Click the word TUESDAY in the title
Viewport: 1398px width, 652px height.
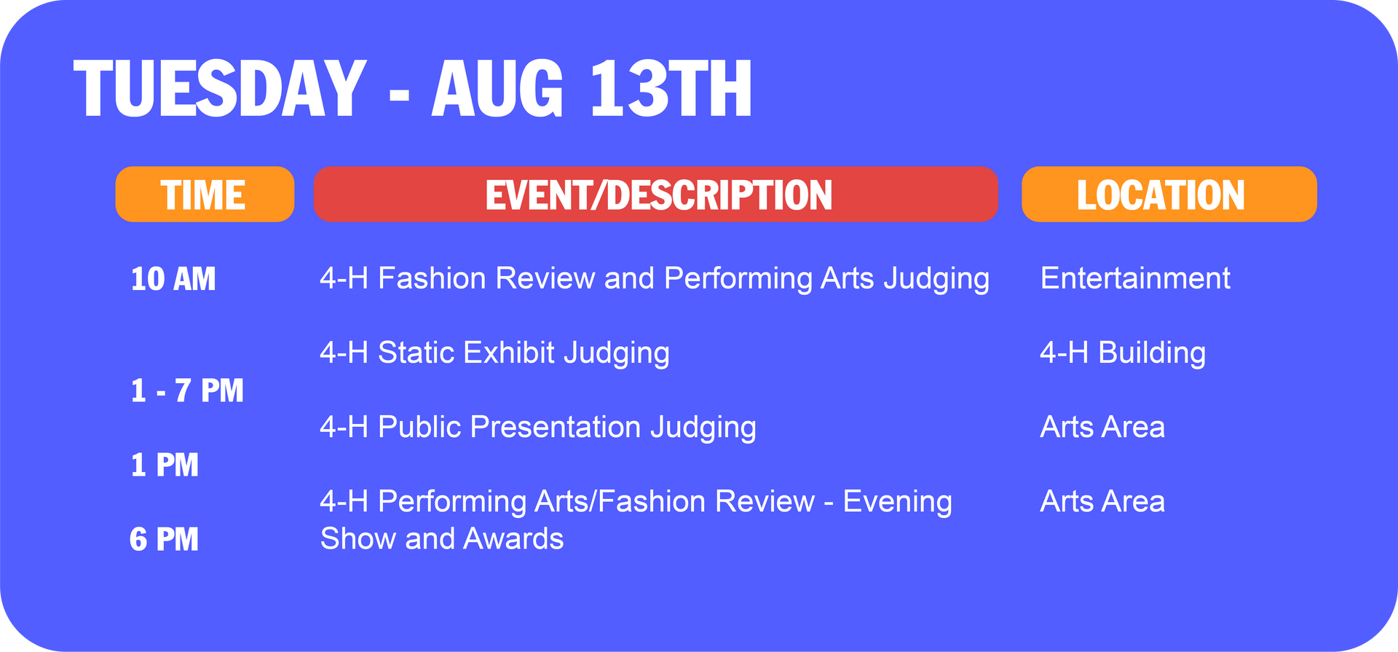(x=219, y=88)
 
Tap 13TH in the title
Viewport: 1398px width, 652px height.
(x=671, y=88)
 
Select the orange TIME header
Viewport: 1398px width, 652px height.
(x=205, y=195)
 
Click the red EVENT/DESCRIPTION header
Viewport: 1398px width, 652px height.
(x=656, y=195)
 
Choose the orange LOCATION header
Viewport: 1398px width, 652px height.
(x=1169, y=195)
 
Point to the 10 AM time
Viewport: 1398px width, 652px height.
(x=173, y=279)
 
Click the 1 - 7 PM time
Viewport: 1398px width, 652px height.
(x=187, y=390)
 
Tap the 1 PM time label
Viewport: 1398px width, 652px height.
(x=165, y=465)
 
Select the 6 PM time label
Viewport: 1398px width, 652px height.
(x=164, y=539)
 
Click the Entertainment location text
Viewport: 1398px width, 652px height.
(x=1134, y=278)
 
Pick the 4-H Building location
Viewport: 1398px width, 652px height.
(x=1122, y=353)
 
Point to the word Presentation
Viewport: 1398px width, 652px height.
(x=556, y=427)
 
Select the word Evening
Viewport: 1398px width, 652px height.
(x=897, y=501)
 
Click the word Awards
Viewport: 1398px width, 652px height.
(x=513, y=539)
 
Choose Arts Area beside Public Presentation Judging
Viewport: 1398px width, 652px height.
(x=1102, y=427)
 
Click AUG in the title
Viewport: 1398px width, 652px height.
(x=497, y=88)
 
